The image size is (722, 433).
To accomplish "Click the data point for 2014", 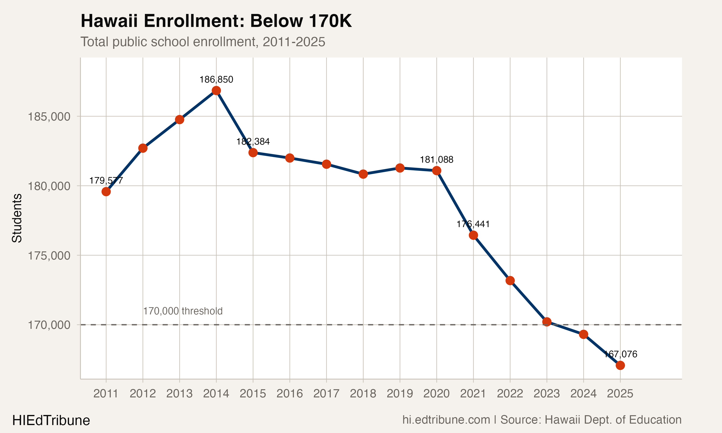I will (x=216, y=91).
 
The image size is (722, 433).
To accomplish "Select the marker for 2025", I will (x=620, y=365).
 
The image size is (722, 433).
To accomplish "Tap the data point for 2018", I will (x=363, y=174).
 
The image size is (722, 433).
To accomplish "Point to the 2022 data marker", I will (x=510, y=281).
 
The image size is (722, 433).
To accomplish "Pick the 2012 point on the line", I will (x=143, y=148).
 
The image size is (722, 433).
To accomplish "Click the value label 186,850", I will (x=216, y=80).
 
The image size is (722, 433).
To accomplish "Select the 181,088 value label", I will (x=437, y=159).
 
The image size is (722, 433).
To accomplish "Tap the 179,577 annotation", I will (x=106, y=181).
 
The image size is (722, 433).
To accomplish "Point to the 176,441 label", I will (x=473, y=224).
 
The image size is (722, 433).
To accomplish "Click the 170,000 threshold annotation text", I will (x=183, y=311).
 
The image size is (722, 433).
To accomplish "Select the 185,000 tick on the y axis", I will (x=49, y=117).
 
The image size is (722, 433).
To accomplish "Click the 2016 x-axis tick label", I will (x=290, y=394).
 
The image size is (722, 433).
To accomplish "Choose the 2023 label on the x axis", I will (x=547, y=394).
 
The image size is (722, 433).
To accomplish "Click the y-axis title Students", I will (x=17, y=218).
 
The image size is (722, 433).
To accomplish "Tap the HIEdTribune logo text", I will (x=51, y=420).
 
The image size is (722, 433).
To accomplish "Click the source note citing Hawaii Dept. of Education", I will (x=542, y=420).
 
